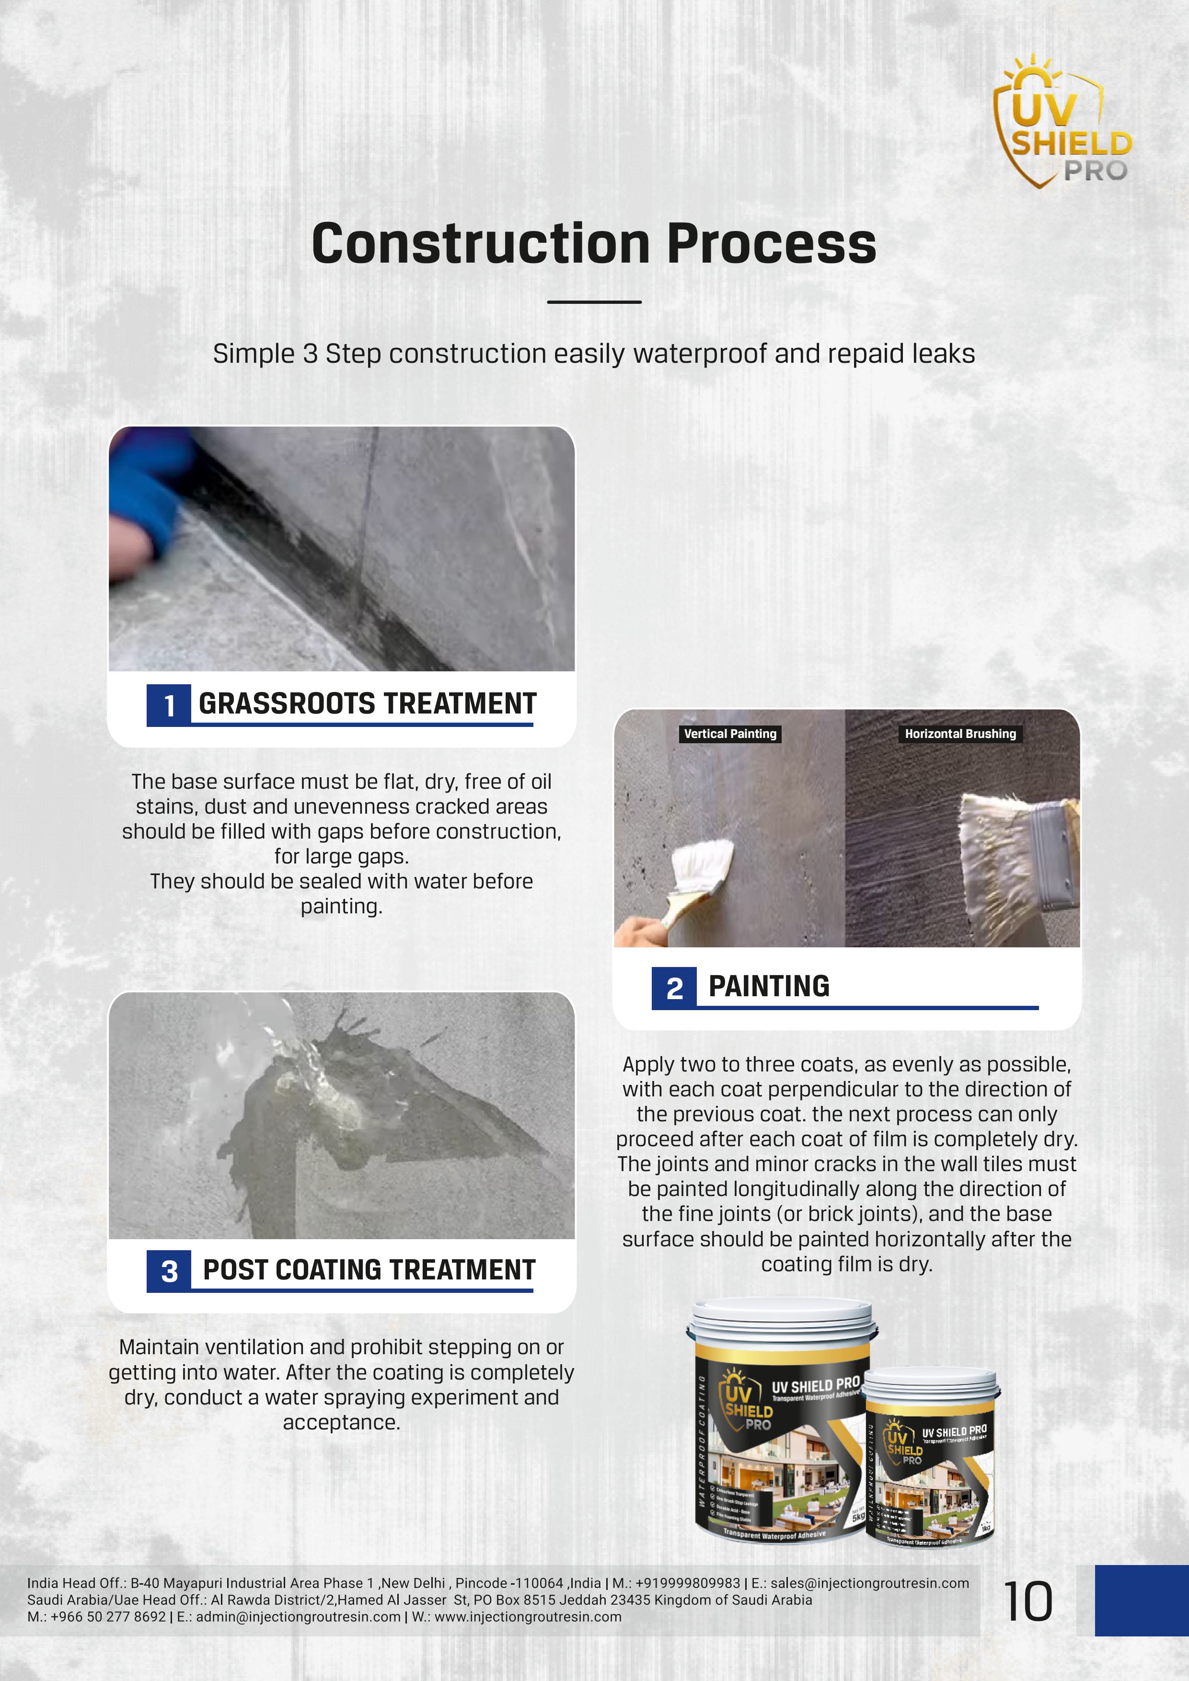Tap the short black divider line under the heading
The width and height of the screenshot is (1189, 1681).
(594, 301)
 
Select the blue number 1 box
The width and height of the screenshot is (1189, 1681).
(169, 705)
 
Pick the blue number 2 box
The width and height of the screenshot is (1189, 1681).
(674, 988)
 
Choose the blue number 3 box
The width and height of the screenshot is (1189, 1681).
(169, 1271)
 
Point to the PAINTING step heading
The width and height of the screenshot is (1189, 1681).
(769, 986)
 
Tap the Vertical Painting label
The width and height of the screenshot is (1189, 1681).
(730, 734)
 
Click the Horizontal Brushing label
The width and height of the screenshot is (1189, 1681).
(960, 734)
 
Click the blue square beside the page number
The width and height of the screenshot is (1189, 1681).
(1142, 1600)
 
